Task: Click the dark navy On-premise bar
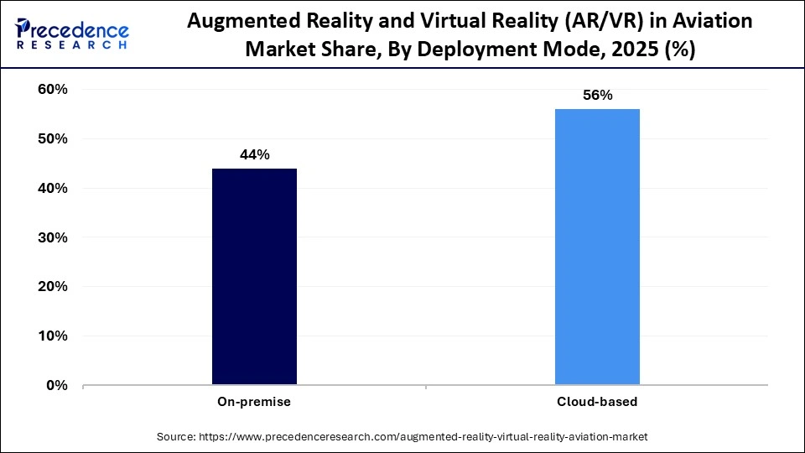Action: (254, 277)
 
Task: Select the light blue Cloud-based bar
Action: (597, 247)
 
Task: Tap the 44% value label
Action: (254, 155)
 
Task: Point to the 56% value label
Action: (597, 96)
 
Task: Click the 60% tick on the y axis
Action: (53, 89)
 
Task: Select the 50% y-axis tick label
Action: (53, 138)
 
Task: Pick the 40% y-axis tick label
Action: (53, 188)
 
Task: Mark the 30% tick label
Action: (53, 237)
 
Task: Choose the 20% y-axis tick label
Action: (53, 287)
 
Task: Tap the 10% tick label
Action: (53, 336)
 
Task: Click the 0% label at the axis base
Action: (57, 386)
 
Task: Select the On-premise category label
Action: (254, 402)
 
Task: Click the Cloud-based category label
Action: (597, 402)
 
